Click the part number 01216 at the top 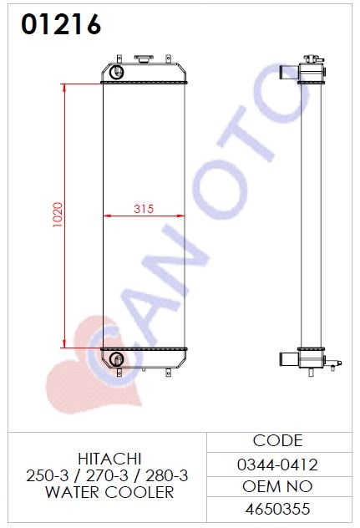pyautogui.click(x=61, y=24)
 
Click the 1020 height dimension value pyautogui.click(x=58, y=215)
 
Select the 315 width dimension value pyautogui.click(x=144, y=209)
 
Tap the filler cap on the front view pyautogui.click(x=144, y=58)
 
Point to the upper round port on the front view pyautogui.click(x=117, y=72)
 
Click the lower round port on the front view pyautogui.click(x=117, y=359)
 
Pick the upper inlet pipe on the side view pyautogui.click(x=289, y=73)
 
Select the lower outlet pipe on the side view pyautogui.click(x=289, y=359)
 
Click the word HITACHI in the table pyautogui.click(x=109, y=459)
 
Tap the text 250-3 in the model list pyautogui.click(x=47, y=476)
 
